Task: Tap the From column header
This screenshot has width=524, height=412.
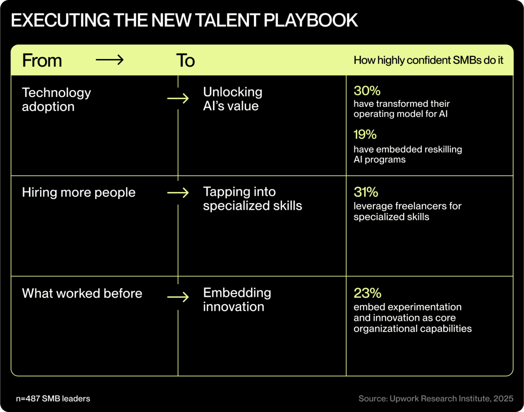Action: (42, 61)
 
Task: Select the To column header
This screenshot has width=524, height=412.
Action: (185, 61)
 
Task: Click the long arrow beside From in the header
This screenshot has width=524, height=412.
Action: (109, 60)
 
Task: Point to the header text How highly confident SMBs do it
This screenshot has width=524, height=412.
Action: (428, 61)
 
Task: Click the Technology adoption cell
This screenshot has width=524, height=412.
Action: (56, 100)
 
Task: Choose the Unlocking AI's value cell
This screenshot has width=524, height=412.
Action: (233, 99)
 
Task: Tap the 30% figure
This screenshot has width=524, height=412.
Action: (367, 91)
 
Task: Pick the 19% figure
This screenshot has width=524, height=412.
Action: (365, 134)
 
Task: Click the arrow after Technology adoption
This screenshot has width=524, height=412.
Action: (178, 99)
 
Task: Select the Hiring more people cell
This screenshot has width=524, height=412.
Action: (79, 192)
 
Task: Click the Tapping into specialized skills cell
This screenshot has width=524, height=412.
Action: (252, 199)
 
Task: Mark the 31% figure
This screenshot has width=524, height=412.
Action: (366, 192)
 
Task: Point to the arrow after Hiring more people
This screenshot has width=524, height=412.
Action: (178, 192)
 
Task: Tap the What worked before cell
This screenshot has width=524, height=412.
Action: (82, 293)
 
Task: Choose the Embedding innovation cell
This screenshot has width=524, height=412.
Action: (237, 299)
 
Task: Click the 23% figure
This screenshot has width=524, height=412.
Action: (367, 293)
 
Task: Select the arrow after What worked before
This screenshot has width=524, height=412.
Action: (178, 297)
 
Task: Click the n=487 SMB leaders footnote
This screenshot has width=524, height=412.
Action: (53, 398)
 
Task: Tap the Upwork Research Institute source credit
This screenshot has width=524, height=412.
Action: (436, 398)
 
